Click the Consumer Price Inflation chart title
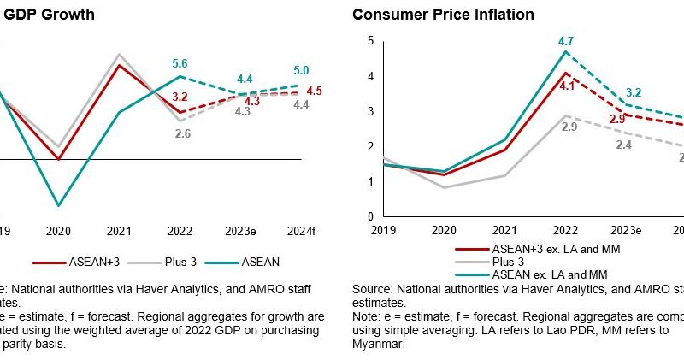[443, 15]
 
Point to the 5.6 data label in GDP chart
[179, 62]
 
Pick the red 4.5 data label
[314, 91]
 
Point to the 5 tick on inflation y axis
[370, 41]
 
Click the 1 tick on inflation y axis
[370, 181]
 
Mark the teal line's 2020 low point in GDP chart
[57, 205]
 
